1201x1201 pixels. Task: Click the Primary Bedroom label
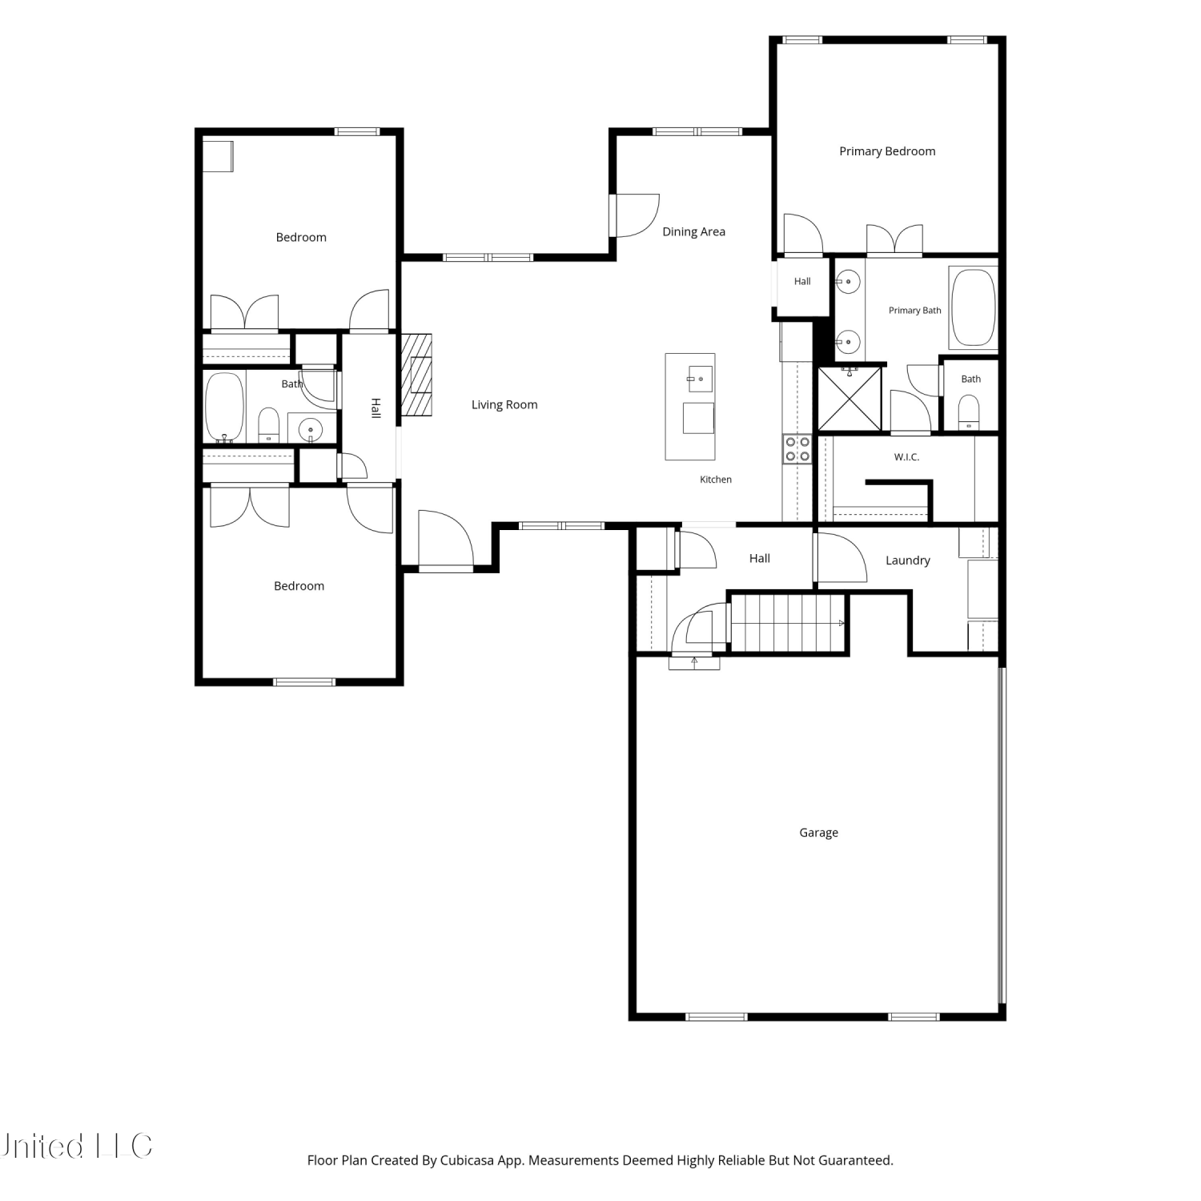pos(887,151)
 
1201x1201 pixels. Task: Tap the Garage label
pos(818,833)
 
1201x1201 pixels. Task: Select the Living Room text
pos(504,405)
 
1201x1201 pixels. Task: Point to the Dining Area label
pos(693,232)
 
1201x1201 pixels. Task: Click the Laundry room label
pos(908,560)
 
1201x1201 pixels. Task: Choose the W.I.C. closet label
pos(906,457)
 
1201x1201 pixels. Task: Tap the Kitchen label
pos(716,480)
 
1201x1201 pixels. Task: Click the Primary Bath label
pos(915,311)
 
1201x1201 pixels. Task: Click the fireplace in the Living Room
pos(416,375)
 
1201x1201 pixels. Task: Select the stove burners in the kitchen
pos(797,449)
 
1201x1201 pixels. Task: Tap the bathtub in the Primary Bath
pos(974,307)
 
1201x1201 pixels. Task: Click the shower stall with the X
pos(850,399)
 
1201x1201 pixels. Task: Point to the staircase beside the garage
pos(789,623)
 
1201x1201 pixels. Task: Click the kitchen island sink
pos(701,379)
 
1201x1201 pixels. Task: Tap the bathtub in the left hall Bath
pos(225,407)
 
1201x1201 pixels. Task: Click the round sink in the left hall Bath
pos(311,430)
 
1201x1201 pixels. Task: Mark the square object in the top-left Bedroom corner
pos(217,156)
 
